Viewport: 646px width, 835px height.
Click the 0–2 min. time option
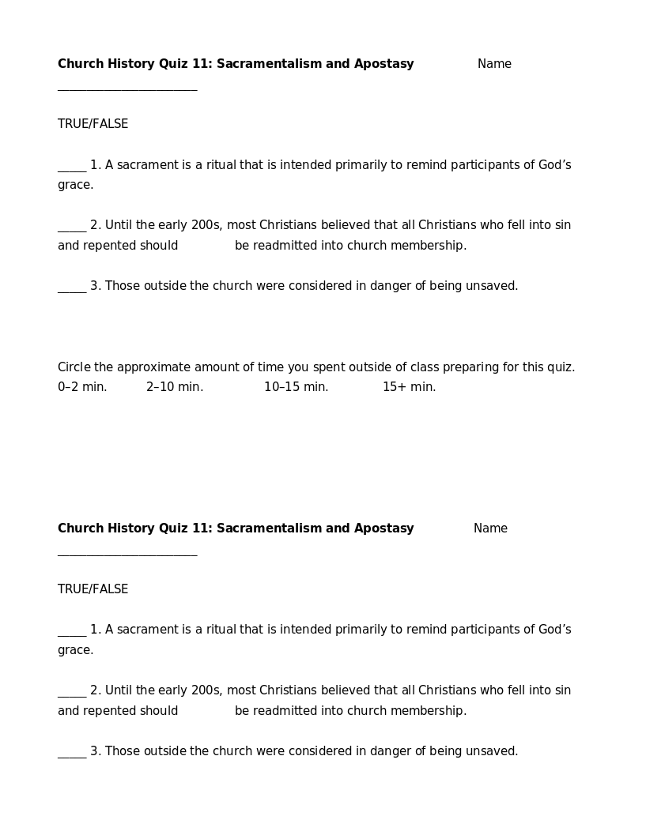coord(82,387)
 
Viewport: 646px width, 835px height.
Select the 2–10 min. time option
coord(175,387)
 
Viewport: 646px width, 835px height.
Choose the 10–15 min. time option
coord(297,387)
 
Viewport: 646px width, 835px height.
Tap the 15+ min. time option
coord(410,387)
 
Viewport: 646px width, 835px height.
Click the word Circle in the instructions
coord(74,367)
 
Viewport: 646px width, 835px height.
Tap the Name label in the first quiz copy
coord(494,64)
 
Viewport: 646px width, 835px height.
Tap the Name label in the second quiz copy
coord(490,528)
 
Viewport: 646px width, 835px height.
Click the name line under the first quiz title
coord(127,89)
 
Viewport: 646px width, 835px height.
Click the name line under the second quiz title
coord(127,555)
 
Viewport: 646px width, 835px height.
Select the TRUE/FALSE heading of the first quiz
coord(93,124)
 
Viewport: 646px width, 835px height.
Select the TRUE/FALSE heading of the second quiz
coord(93,589)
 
